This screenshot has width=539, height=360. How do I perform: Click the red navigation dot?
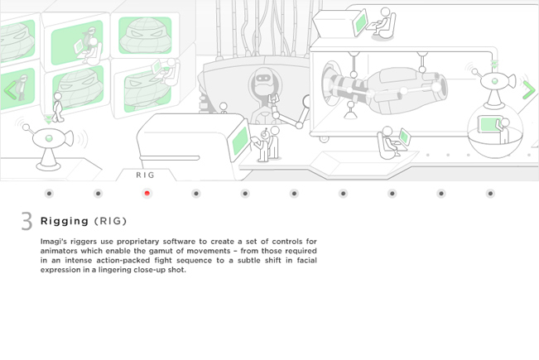coord(147,194)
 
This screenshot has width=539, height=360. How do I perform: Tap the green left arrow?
coord(10,91)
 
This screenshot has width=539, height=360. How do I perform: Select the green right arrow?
coord(529,90)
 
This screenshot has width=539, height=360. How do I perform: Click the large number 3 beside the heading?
coord(26,221)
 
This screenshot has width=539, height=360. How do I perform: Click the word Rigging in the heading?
coord(65,221)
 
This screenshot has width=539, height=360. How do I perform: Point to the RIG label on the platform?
coord(146,175)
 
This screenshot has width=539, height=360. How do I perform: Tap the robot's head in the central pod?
coord(263,79)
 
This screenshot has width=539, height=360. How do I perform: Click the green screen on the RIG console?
coord(240,141)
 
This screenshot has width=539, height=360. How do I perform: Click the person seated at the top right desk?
coord(386,22)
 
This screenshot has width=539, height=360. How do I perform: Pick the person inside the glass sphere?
coord(504,131)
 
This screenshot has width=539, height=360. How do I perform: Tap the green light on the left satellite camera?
coord(49,138)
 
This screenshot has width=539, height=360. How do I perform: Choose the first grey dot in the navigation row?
coord(49,194)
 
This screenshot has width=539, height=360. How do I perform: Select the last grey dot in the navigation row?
coord(490,194)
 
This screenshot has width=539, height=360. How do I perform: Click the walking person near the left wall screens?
coord(58,108)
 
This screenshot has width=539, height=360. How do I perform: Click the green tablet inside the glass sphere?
coord(488,124)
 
